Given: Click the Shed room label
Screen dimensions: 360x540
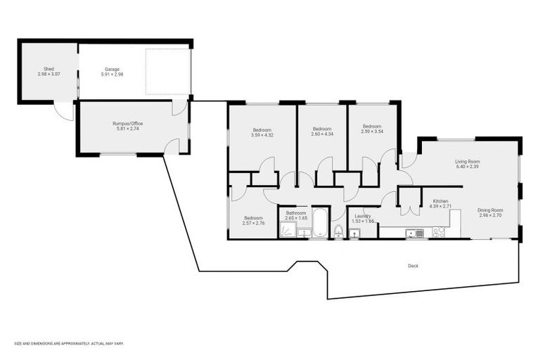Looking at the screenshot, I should pyautogui.click(x=49, y=69).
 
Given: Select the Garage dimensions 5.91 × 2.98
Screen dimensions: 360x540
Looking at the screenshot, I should pyautogui.click(x=113, y=75).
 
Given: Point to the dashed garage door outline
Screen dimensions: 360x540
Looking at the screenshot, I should pyautogui.click(x=167, y=72).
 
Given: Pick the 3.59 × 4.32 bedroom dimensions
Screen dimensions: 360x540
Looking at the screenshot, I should pyautogui.click(x=262, y=135).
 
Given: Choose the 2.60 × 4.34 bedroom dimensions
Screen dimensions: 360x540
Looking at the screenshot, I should pyautogui.click(x=322, y=134).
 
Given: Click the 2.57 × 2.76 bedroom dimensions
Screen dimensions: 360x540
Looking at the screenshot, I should pyautogui.click(x=253, y=223).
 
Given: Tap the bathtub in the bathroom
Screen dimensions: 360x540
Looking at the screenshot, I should pyautogui.click(x=321, y=222).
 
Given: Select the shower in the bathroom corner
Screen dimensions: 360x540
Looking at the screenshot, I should pyautogui.click(x=287, y=231).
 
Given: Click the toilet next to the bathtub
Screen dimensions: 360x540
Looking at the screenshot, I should pyautogui.click(x=338, y=231).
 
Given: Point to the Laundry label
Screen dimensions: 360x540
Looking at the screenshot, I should pyautogui.click(x=363, y=216).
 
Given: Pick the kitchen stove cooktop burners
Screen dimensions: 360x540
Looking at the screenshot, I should pyautogui.click(x=438, y=232).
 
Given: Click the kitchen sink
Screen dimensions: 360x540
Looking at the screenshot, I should pyautogui.click(x=416, y=233).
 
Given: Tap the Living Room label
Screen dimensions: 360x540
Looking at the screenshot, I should pyautogui.click(x=467, y=161).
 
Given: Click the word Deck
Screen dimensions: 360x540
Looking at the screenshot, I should pyautogui.click(x=413, y=266).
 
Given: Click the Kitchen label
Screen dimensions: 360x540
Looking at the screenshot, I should pyautogui.click(x=440, y=200).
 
